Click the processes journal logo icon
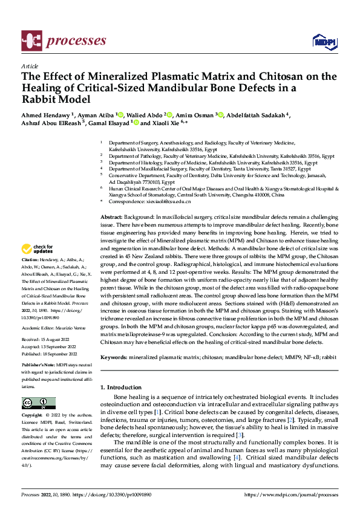tap(31, 41)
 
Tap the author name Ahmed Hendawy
tap(47, 115)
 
